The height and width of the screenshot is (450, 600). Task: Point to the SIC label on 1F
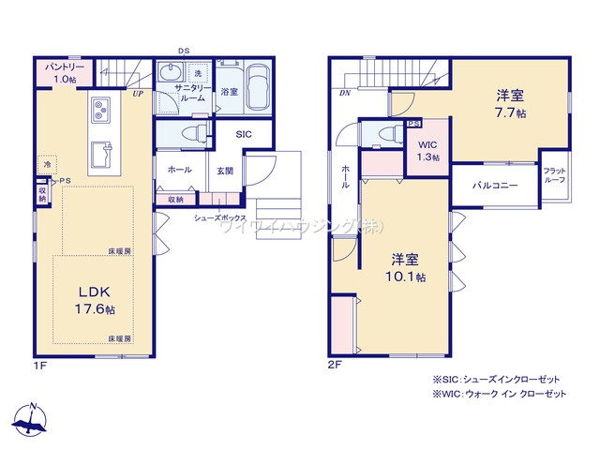tap(243, 134)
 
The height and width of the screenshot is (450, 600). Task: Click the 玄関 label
tap(225, 171)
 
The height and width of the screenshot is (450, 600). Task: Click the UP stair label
tap(138, 94)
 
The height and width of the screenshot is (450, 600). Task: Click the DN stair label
tap(345, 94)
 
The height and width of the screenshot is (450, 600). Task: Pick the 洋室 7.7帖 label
tap(510, 102)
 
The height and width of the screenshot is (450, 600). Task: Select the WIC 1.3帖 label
tap(427, 150)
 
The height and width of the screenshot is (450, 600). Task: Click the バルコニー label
tap(494, 186)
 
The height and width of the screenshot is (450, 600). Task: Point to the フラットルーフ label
tap(554, 175)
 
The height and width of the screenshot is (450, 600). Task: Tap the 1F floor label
tap(40, 364)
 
